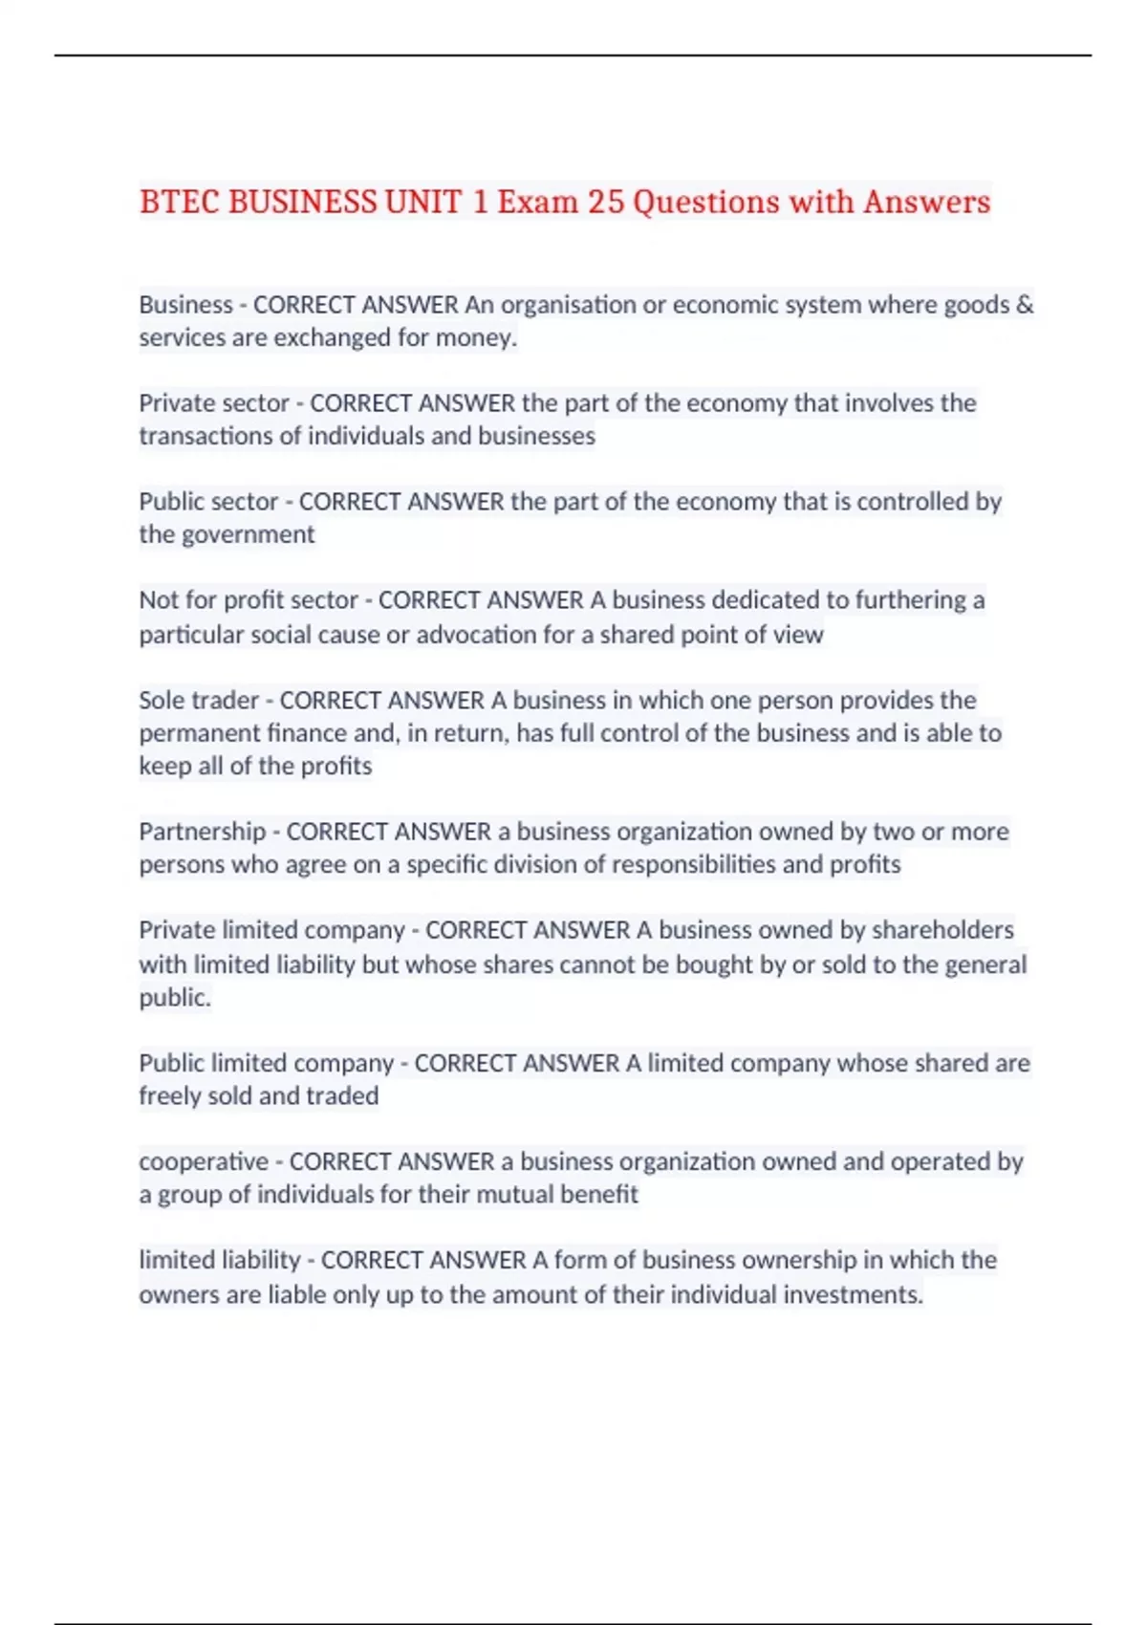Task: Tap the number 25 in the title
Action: [605, 202]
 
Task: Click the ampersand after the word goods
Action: [1025, 304]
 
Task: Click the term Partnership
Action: [202, 832]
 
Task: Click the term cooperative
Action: [204, 1162]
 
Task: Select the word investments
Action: [854, 1295]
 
